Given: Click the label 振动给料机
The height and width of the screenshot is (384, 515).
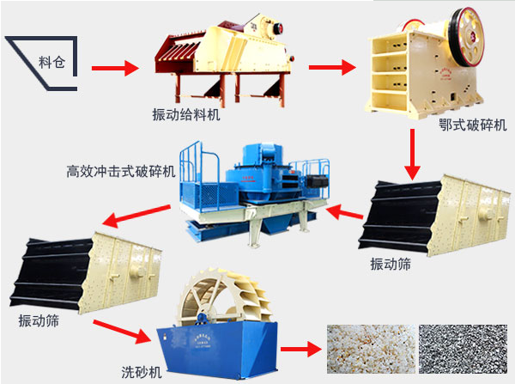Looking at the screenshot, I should (183, 113).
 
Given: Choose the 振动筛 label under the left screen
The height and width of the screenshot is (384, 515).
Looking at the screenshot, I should (39, 320).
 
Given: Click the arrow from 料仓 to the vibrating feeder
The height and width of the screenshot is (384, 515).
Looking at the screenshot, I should (114, 67).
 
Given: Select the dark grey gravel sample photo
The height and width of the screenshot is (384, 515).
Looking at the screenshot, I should (462, 352).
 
